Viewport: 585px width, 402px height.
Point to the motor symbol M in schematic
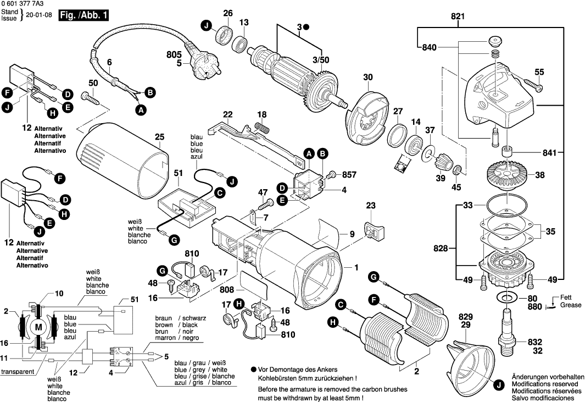click(38, 327)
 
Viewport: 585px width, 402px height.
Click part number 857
click(349, 174)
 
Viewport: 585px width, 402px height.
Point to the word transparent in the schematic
click(18, 372)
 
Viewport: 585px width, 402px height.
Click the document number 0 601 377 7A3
click(23, 4)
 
